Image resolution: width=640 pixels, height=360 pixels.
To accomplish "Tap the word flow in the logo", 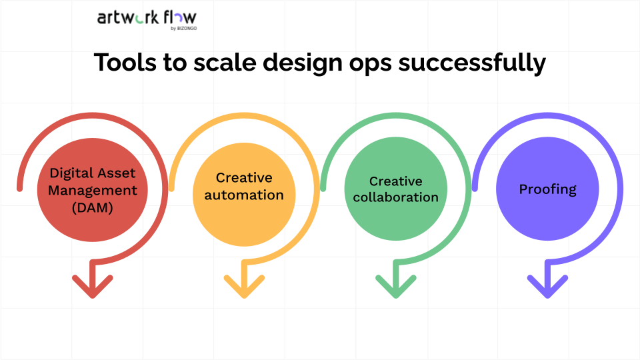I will click(179, 17).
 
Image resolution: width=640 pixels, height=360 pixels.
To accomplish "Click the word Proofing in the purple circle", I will click(547, 189).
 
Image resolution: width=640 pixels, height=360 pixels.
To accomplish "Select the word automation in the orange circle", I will click(244, 195).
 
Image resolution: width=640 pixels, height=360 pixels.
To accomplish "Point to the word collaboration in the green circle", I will click(396, 197).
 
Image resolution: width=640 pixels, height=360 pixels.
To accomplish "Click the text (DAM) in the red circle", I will click(92, 207).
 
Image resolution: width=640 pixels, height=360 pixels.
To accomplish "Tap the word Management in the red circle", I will click(92, 190).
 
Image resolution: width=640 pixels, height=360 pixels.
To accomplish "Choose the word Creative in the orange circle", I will click(244, 178).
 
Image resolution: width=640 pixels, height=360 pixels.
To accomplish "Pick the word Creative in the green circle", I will click(396, 181).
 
